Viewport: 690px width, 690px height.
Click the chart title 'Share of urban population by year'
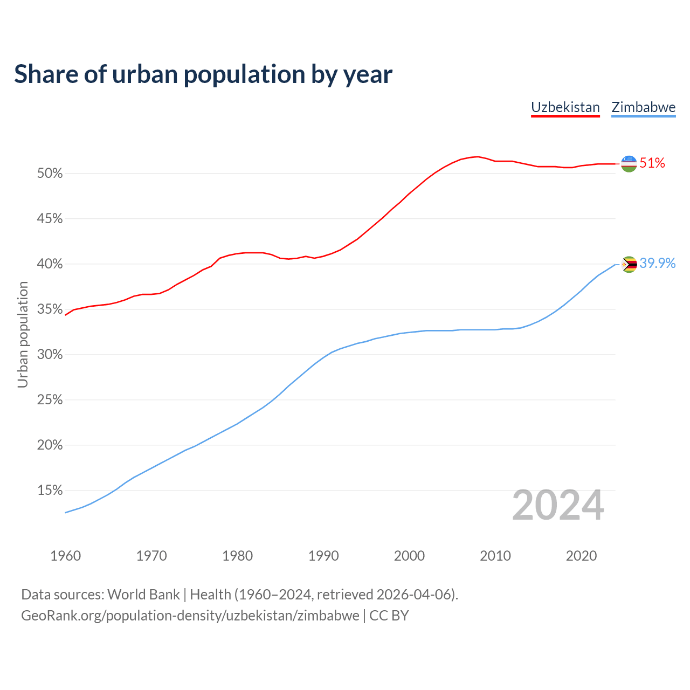pos(203,74)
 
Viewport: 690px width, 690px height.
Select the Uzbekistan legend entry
pos(565,107)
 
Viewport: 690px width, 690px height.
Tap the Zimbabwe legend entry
pos(643,107)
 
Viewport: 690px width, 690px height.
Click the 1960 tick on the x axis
pos(65,556)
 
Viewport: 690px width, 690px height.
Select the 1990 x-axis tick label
pos(323,556)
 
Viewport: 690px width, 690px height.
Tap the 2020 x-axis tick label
pos(581,556)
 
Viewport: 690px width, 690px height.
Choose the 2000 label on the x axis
pos(409,556)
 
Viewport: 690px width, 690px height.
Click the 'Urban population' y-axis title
pos(23,334)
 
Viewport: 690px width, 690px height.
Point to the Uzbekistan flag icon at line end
pos(629,163)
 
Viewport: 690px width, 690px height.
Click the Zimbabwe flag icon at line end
pos(629,264)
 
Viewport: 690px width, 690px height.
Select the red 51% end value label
pos(652,163)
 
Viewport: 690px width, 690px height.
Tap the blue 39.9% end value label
pos(657,263)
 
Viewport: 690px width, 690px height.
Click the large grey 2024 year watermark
pos(557,506)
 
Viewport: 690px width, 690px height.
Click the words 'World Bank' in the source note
pos(143,595)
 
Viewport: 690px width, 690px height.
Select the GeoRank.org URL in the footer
pos(190,616)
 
